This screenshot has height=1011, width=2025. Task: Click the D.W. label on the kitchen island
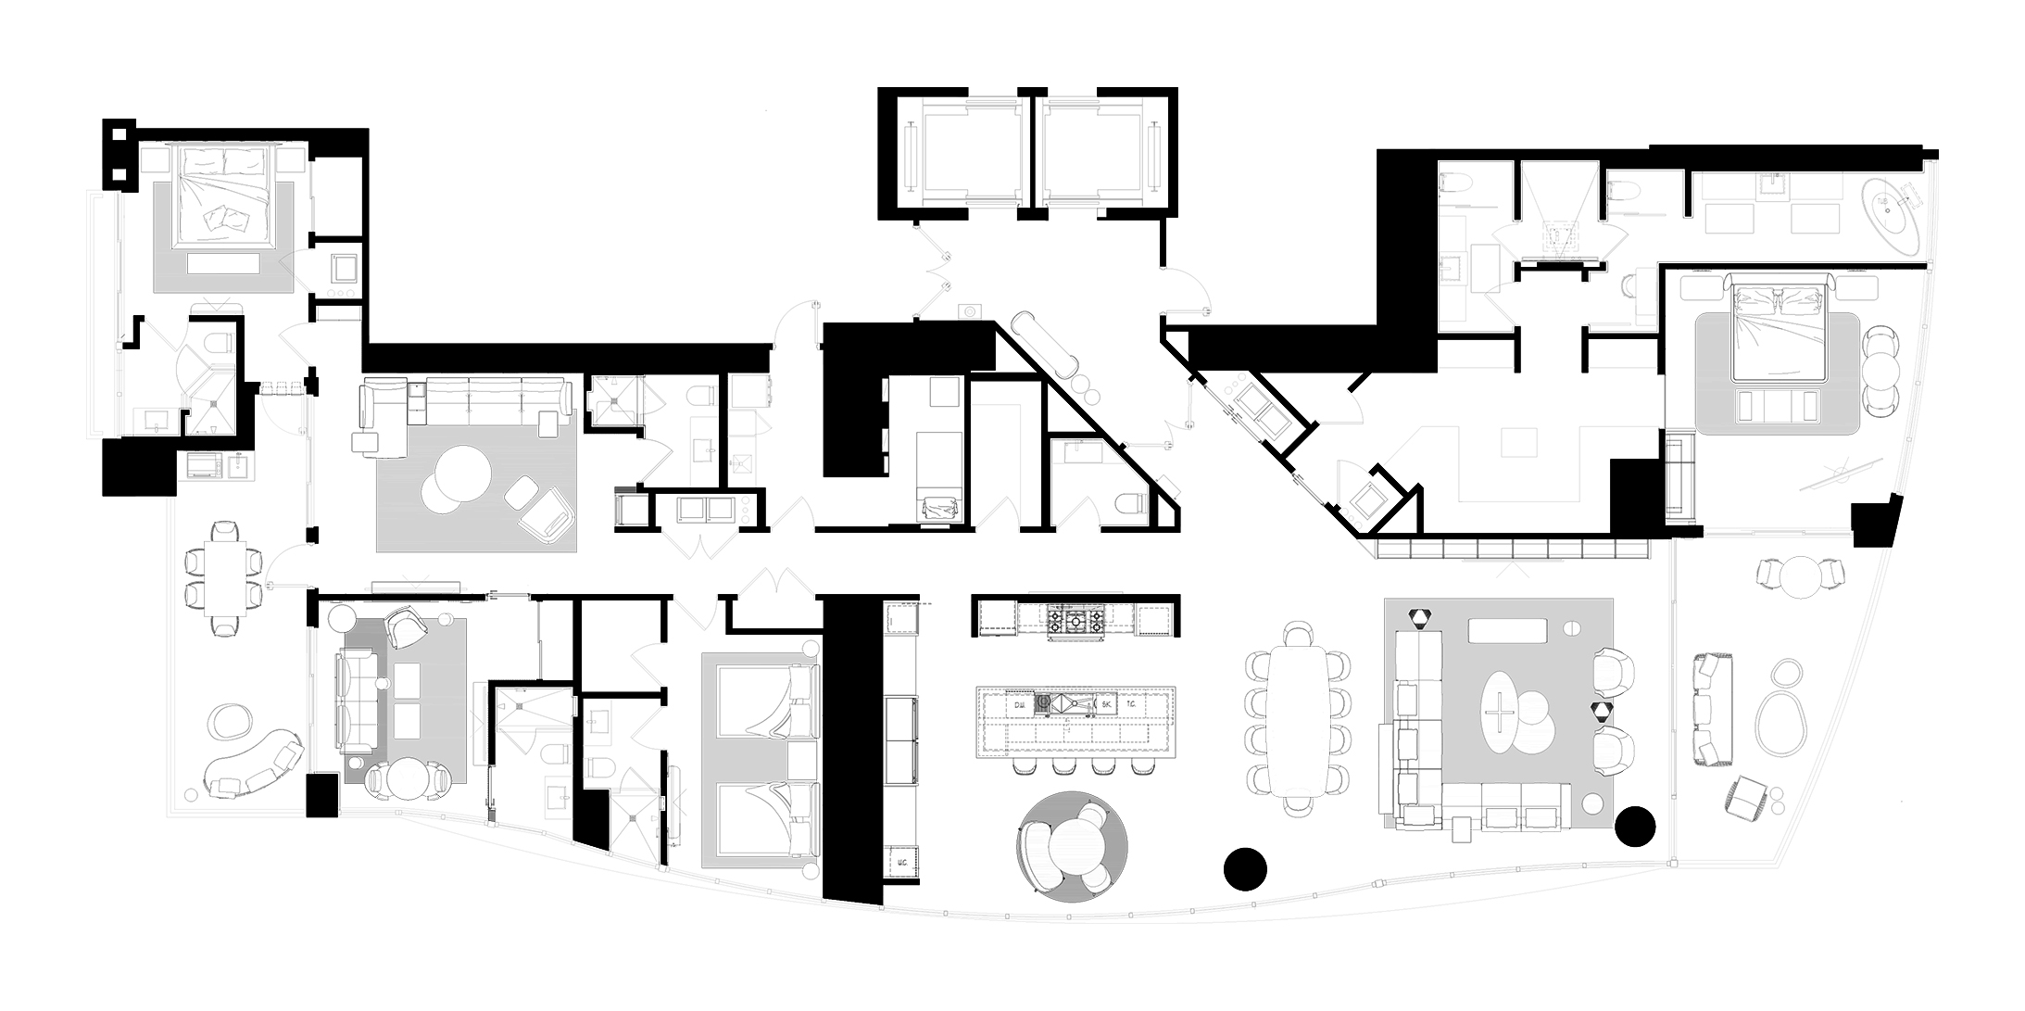coord(1019,705)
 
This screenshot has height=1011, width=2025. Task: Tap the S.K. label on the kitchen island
coord(1105,705)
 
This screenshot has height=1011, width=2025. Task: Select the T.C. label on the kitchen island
coord(1132,705)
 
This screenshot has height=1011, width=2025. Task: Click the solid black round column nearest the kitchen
coord(1244,868)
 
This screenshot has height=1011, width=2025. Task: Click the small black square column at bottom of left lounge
coord(322,795)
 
